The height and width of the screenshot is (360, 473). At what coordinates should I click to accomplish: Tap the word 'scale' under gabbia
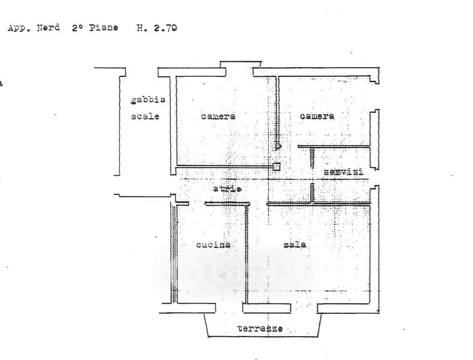tap(145, 116)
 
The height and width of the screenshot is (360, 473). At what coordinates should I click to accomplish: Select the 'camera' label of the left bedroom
tap(218, 116)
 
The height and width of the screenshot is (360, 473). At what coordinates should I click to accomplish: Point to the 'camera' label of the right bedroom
tap(317, 116)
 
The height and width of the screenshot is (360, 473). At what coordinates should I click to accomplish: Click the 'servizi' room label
tap(344, 172)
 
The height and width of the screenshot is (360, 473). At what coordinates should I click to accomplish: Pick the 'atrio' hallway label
tap(227, 188)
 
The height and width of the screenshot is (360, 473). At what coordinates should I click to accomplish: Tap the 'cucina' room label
tap(213, 244)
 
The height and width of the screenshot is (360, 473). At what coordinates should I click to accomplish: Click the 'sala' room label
tap(295, 244)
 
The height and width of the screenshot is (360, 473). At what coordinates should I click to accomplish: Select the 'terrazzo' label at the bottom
tap(260, 328)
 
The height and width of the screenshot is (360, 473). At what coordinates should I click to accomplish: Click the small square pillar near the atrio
tap(276, 166)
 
